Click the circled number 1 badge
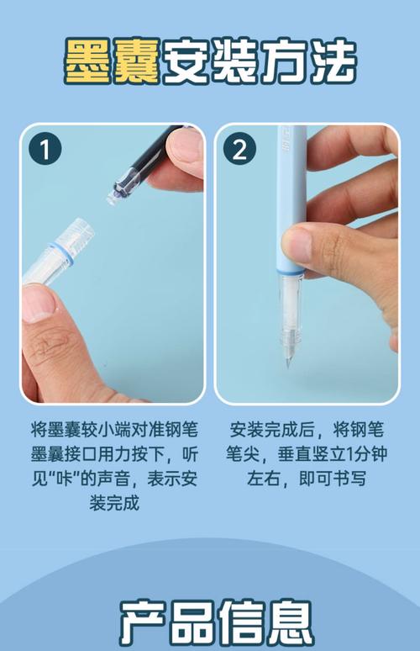click(x=45, y=149)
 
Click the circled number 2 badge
click(x=239, y=149)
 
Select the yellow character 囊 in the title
click(x=137, y=61)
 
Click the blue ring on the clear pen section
click(x=61, y=253)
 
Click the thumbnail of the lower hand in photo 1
click(x=37, y=303)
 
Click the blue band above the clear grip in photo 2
click(x=291, y=273)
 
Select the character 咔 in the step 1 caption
click(x=66, y=479)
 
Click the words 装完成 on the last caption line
click(x=114, y=504)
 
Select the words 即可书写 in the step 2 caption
click(x=333, y=479)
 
